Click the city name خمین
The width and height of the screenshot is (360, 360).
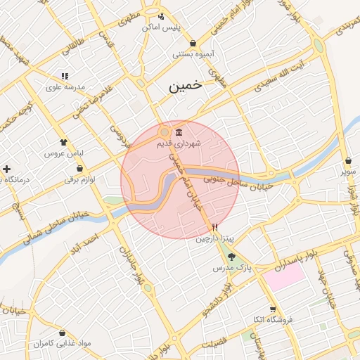tap(184, 86)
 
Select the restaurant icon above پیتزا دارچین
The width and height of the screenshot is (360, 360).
tap(215, 228)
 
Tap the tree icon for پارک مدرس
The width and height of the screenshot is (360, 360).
tap(232, 257)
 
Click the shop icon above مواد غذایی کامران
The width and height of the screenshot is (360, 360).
tap(63, 333)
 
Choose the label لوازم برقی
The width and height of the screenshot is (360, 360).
tap(79, 179)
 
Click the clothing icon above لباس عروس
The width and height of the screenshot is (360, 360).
tap(64, 142)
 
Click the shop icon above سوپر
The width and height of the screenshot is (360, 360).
tap(349, 161)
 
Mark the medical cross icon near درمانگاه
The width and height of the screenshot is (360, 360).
tap(7, 169)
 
